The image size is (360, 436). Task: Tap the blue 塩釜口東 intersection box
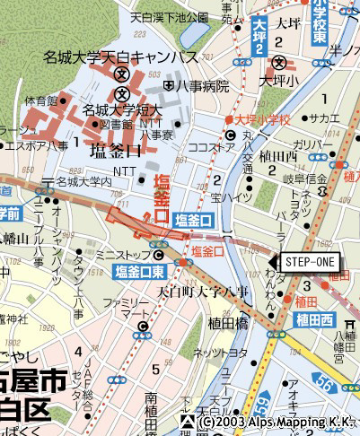138,271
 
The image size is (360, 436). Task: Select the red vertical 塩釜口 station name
162,199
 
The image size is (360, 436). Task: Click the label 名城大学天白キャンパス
121,57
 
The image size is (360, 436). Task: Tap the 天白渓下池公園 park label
169,17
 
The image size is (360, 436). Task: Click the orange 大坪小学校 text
262,119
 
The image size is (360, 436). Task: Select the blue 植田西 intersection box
314,320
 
